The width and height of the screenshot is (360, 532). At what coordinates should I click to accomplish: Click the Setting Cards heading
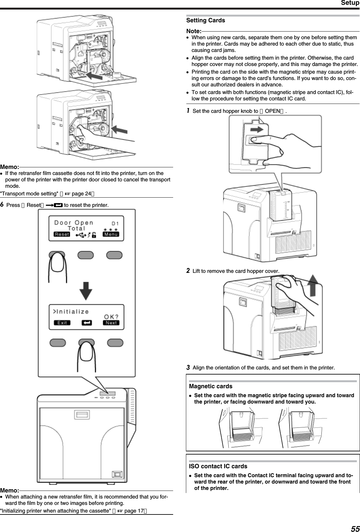205,20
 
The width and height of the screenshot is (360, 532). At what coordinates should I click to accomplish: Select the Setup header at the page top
350,3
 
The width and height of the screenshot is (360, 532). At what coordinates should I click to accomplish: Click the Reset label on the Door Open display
62,234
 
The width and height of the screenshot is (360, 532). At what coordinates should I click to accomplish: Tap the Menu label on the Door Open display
111,234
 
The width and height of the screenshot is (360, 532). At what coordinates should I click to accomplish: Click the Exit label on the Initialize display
62,323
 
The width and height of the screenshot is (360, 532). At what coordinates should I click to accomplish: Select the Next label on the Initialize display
111,323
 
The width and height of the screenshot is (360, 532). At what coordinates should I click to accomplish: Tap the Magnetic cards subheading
210,386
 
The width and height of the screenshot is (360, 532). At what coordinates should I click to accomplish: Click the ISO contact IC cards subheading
218,466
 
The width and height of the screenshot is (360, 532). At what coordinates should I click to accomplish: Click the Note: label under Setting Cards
193,31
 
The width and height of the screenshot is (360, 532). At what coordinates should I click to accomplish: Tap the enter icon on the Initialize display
86,323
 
